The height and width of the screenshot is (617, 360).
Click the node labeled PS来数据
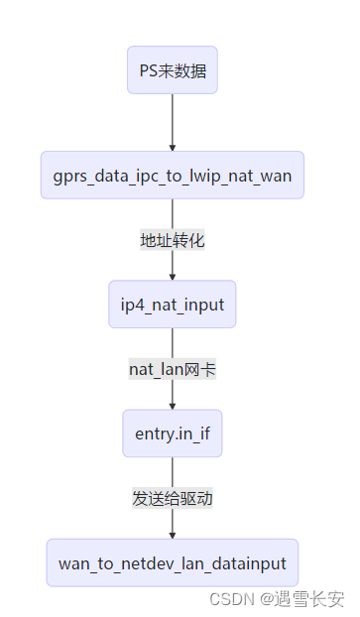click(173, 70)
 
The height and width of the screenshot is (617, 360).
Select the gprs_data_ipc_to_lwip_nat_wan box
click(173, 176)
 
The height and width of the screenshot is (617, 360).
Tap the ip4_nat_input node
click(173, 304)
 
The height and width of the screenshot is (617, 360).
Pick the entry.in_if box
click(173, 433)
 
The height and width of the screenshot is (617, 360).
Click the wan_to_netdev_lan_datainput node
click(173, 563)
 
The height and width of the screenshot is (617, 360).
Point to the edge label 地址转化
click(173, 240)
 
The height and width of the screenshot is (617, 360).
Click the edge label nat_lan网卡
click(173, 369)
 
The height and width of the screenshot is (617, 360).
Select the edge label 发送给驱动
click(173, 498)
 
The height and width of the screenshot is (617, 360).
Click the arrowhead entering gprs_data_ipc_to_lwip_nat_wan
click(173, 148)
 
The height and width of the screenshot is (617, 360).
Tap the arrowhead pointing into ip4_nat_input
click(173, 276)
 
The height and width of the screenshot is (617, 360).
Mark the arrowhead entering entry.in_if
click(173, 406)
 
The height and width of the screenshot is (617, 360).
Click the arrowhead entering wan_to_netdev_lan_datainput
click(173, 536)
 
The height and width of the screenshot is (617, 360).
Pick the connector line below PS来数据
click(173, 119)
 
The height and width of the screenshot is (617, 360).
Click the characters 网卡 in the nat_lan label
click(202, 369)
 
